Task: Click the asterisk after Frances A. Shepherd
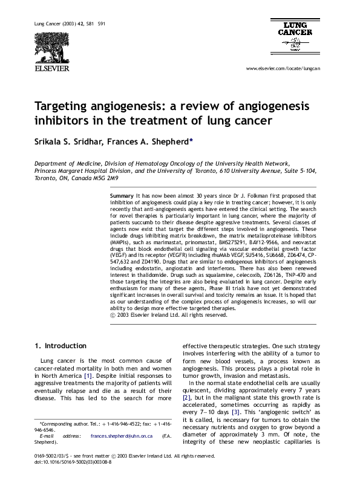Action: [191, 138]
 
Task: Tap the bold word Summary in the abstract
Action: [122, 196]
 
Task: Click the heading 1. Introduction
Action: [60, 346]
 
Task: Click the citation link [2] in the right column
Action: [187, 397]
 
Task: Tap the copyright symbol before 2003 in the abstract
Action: [113, 315]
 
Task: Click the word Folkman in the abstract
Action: [247, 196]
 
